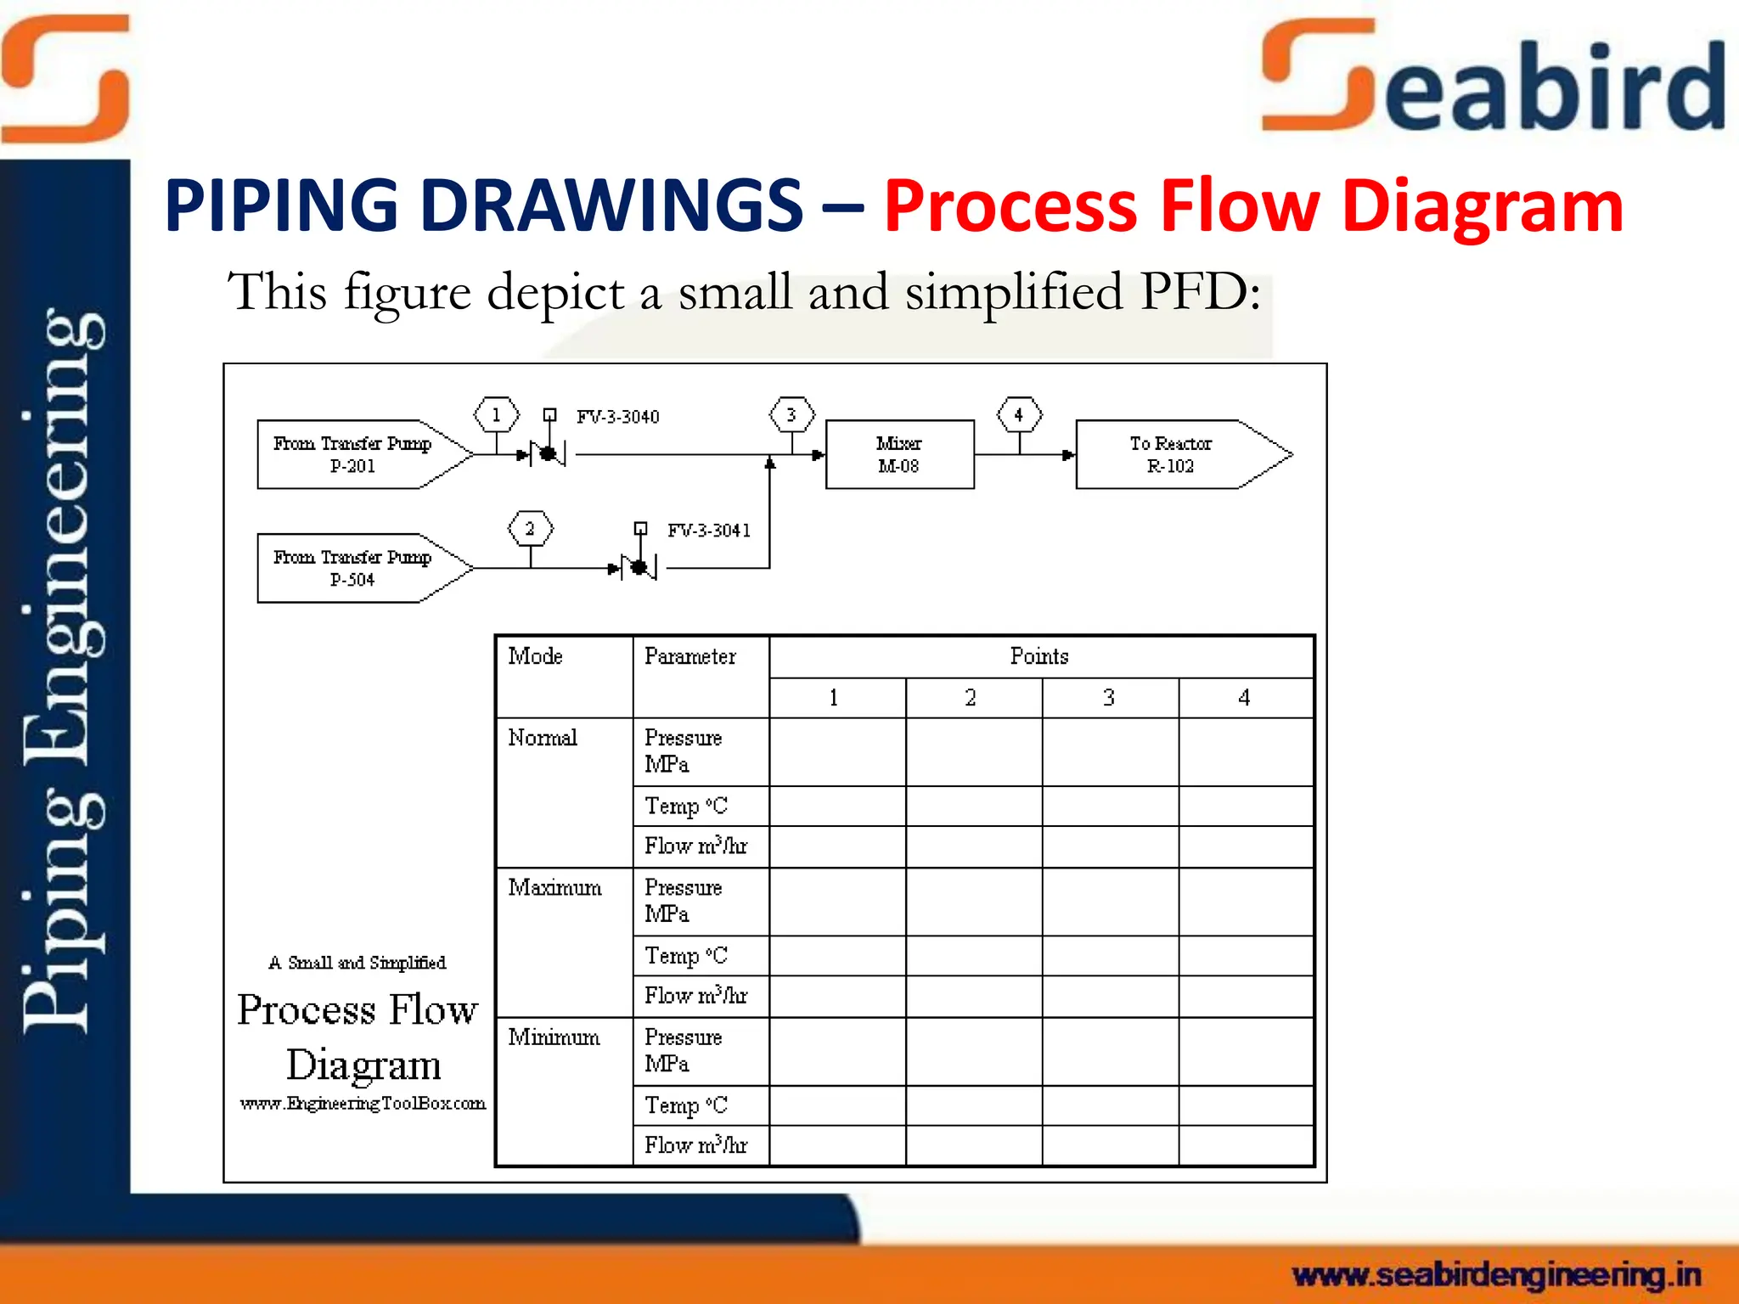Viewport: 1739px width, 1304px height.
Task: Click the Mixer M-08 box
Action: coord(899,454)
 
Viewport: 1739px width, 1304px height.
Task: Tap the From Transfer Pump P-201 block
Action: coord(352,454)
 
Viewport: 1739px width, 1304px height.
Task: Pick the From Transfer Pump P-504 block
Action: coord(352,568)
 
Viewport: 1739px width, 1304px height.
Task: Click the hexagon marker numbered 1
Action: coord(496,415)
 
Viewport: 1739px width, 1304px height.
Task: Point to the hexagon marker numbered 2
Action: coord(530,529)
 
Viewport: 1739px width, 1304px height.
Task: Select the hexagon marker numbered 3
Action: coord(791,415)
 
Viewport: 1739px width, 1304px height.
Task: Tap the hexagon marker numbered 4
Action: coord(1019,415)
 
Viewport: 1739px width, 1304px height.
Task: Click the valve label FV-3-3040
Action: coord(617,417)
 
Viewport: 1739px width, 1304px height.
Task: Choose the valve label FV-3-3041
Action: coord(708,531)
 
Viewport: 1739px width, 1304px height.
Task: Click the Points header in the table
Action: coord(1039,656)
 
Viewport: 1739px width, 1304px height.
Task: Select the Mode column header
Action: coord(535,656)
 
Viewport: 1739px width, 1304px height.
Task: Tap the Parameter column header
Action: coord(689,656)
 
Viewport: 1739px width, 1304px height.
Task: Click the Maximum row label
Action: coord(554,888)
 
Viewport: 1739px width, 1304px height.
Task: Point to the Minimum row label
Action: coord(554,1037)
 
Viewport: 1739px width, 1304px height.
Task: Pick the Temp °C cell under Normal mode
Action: coord(686,806)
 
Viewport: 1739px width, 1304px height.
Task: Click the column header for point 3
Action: coord(1109,698)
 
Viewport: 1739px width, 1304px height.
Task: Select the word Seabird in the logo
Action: coord(1494,81)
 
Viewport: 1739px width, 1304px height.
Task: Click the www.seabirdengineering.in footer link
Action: coord(1496,1275)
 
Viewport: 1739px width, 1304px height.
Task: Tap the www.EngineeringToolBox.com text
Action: coord(363,1104)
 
